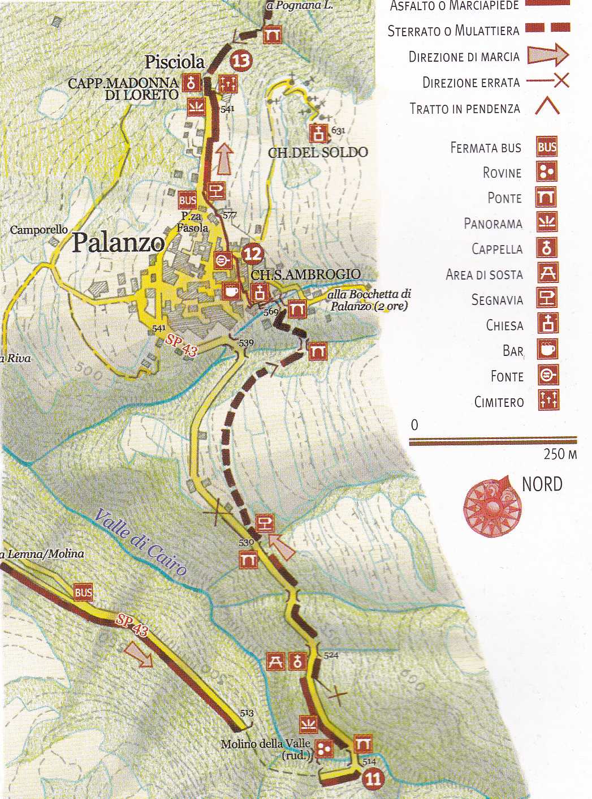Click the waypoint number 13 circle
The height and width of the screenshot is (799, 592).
(241, 60)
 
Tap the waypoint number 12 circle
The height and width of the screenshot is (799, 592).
(252, 254)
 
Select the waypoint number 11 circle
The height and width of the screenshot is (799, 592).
(372, 779)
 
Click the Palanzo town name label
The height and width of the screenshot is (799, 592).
(118, 243)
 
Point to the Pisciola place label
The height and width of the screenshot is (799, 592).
(174, 62)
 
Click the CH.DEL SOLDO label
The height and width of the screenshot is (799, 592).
(318, 152)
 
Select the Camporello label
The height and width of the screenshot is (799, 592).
(39, 230)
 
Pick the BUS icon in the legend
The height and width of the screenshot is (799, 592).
(547, 147)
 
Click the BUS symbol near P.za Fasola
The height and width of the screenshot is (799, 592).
(188, 200)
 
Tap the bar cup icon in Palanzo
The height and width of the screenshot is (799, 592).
(230, 291)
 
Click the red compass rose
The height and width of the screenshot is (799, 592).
(491, 505)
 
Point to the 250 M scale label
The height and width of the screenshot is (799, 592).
(560, 454)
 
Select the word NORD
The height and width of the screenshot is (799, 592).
(542, 484)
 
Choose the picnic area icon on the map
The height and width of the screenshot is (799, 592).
(275, 660)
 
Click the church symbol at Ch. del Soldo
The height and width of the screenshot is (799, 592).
(318, 134)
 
